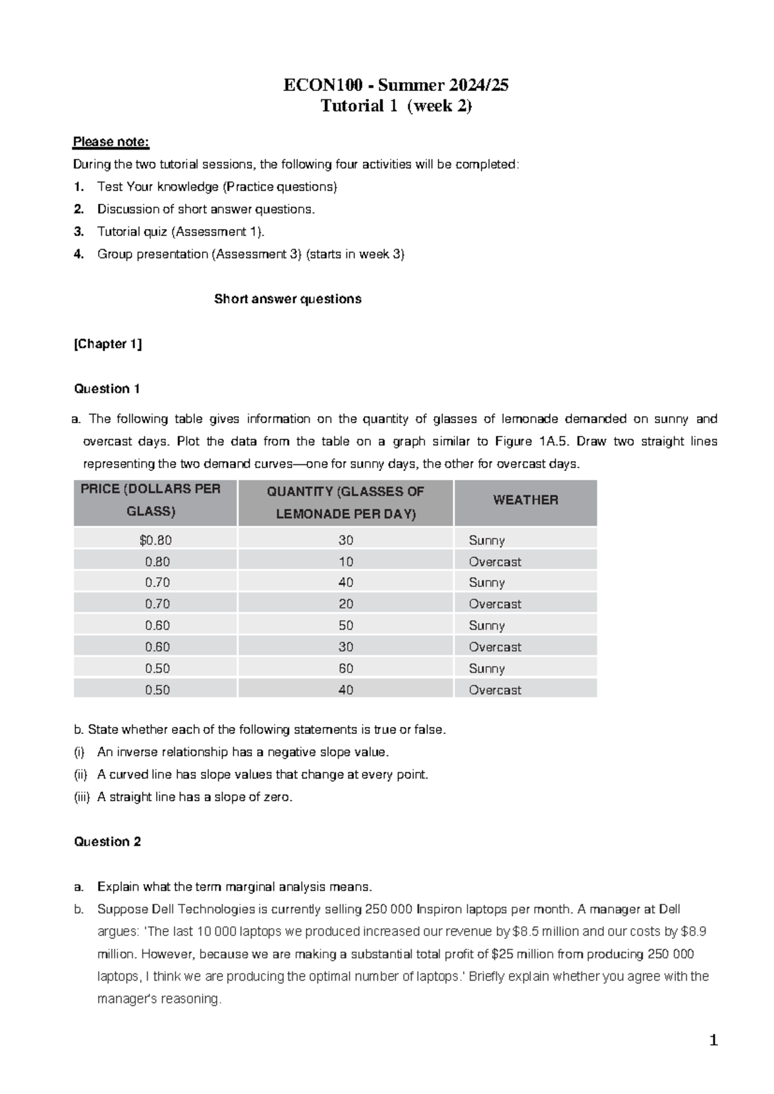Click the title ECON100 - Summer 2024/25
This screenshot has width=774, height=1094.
click(x=395, y=85)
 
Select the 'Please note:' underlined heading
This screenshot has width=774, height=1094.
click(x=111, y=142)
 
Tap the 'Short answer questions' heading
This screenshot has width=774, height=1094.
click(x=288, y=299)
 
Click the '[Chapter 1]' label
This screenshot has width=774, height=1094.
click(x=108, y=344)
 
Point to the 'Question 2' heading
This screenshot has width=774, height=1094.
click(x=107, y=842)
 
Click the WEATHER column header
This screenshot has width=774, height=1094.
click(x=525, y=500)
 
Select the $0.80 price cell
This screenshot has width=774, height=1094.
click(x=155, y=541)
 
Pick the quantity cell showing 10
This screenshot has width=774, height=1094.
click(x=346, y=562)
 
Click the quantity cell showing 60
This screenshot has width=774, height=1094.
click(x=346, y=668)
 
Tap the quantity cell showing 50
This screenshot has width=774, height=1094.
click(x=346, y=626)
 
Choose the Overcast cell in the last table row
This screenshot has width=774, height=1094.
click(x=495, y=690)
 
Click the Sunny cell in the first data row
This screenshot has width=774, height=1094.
click(x=486, y=541)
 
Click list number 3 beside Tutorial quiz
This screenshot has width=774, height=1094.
click(x=79, y=232)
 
